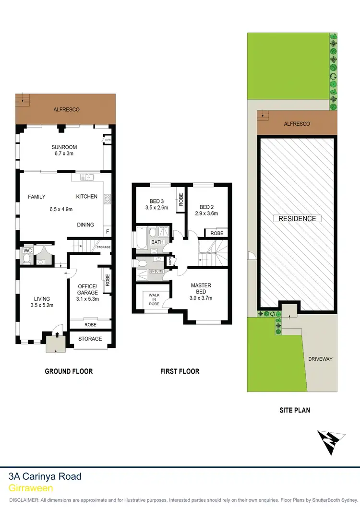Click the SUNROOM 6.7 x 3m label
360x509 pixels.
[x=64, y=150]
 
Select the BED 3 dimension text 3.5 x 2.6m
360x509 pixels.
[x=156, y=208]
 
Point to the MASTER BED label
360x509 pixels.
[x=201, y=289]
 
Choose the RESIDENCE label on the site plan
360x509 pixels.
[x=298, y=219]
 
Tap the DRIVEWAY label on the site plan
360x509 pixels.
[x=320, y=359]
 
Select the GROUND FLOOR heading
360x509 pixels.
[x=69, y=371]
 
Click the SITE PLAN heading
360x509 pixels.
[x=295, y=410]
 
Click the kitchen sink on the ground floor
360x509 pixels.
[x=86, y=178]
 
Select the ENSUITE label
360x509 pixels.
[x=156, y=272]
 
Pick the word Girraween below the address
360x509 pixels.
[x=31, y=487]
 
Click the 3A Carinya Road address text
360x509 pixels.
[x=45, y=476]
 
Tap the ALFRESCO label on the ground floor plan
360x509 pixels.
[x=66, y=110]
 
